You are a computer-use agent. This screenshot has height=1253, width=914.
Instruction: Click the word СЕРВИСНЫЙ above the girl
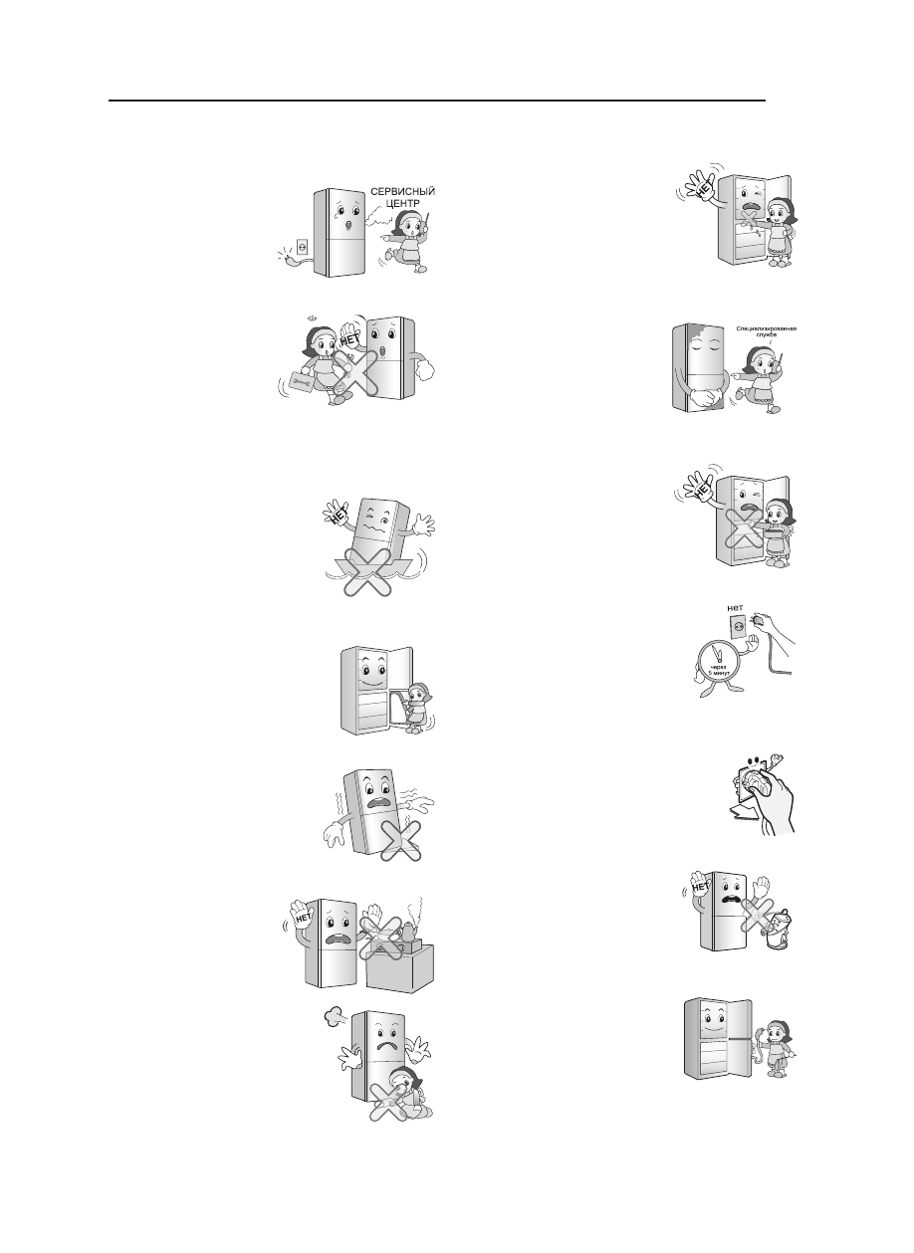[x=402, y=191]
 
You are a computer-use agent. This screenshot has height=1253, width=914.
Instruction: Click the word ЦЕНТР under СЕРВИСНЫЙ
[x=401, y=205]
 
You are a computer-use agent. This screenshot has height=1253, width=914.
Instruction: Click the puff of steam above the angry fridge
[x=334, y=1019]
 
